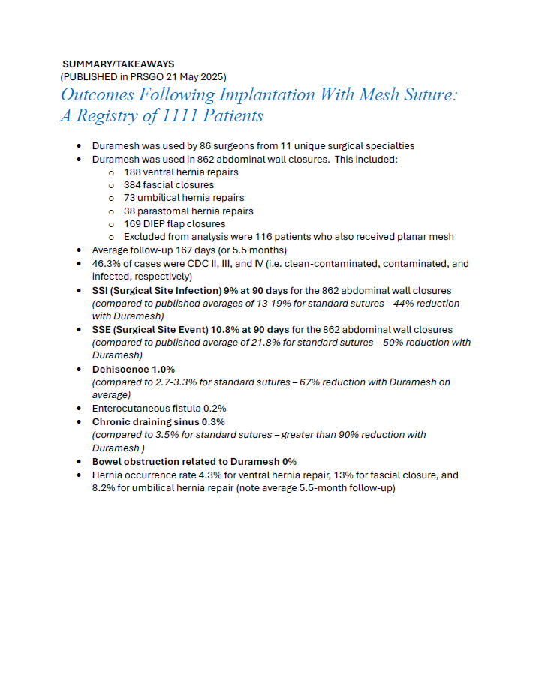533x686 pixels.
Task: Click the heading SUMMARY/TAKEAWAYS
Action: point(118,64)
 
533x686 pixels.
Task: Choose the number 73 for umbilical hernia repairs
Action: point(129,198)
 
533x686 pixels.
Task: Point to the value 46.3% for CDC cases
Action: point(104,264)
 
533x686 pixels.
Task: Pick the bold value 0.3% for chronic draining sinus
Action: point(213,422)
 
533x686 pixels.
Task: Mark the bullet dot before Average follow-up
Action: point(80,250)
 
